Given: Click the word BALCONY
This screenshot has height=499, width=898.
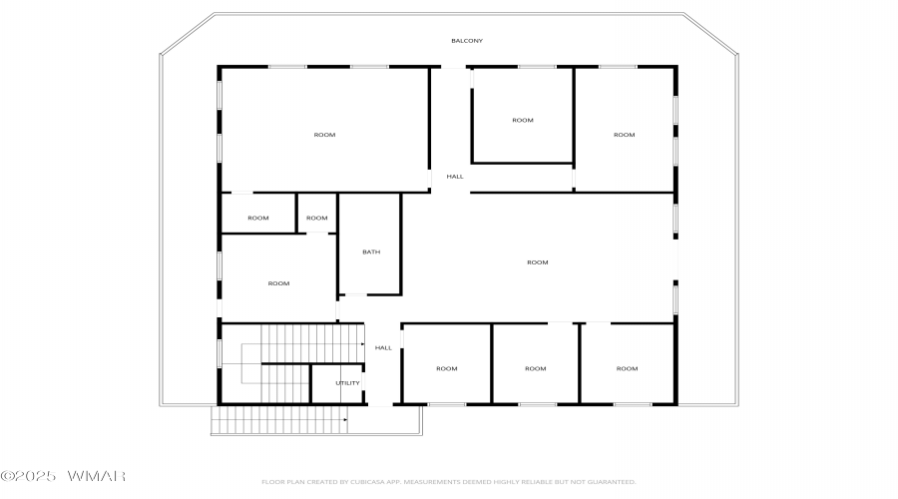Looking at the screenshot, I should click(x=466, y=41).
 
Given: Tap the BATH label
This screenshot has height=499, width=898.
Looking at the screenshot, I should click(x=371, y=252).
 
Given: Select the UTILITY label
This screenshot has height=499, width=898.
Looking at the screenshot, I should click(x=347, y=383).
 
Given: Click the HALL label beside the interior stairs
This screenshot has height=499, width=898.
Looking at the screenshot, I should click(x=383, y=348).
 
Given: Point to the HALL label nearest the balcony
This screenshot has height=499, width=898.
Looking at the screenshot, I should click(x=455, y=177).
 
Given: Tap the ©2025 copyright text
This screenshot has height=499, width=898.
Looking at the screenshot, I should click(x=34, y=476).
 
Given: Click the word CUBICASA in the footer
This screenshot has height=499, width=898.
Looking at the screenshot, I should click(x=364, y=482).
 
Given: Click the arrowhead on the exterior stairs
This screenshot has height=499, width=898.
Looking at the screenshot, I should click(x=345, y=420).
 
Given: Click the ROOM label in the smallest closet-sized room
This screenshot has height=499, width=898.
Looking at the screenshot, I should click(x=317, y=218).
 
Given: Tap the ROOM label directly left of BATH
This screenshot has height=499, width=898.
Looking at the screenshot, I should click(x=278, y=283).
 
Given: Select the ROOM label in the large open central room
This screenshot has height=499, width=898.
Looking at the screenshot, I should click(x=538, y=262).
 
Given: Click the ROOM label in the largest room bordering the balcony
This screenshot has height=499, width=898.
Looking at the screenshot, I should click(x=324, y=135).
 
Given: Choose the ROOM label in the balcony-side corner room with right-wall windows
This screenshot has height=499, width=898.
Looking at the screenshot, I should click(x=624, y=135).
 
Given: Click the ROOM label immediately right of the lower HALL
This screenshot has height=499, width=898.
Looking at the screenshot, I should click(x=446, y=368).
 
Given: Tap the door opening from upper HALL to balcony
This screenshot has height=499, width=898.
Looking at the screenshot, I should click(x=454, y=68).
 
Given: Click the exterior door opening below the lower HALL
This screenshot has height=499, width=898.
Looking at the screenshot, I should click(x=381, y=404).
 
